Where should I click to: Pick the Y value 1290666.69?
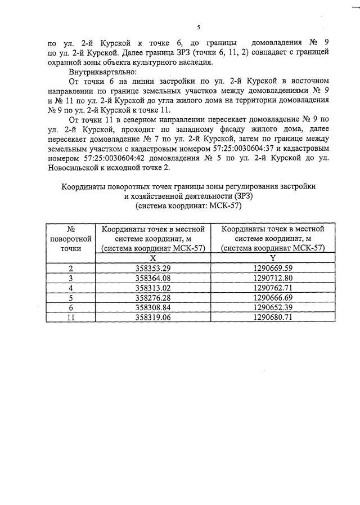point(273,297)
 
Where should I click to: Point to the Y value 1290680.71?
point(273,317)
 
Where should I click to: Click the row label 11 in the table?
point(71,317)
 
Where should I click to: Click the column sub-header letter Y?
point(273,257)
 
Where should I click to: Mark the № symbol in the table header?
point(71,229)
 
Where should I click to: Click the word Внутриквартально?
point(100,73)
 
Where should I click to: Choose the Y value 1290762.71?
point(273,288)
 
